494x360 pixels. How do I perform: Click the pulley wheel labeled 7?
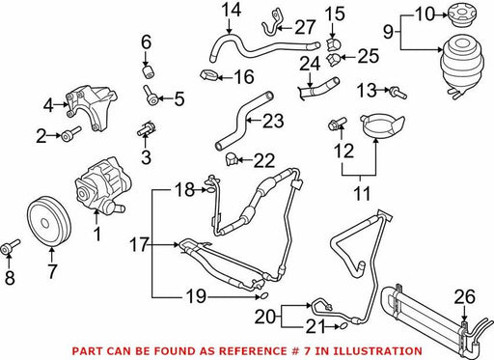[48, 222]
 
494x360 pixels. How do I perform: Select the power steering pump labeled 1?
[102, 187]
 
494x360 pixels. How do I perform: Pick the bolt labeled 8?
[11, 247]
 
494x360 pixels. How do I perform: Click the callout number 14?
[232, 11]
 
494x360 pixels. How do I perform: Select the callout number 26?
[464, 296]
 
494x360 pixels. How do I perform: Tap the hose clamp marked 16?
[209, 76]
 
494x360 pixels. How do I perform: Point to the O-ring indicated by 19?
[263, 296]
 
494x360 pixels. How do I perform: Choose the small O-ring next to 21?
[343, 327]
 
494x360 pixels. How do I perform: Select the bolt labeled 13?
[398, 93]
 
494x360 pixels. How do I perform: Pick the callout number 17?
[139, 245]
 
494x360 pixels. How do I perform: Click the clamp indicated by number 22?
[231, 159]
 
